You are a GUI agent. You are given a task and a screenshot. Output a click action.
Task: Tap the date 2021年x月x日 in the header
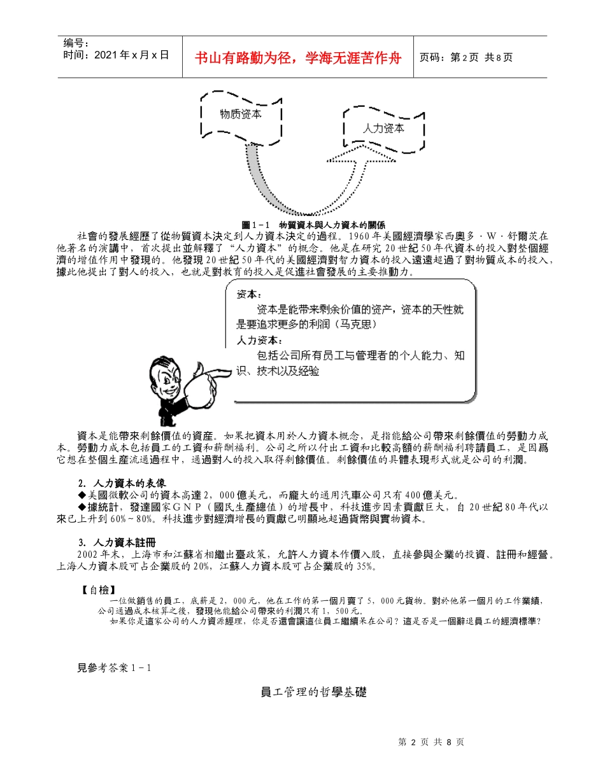(117, 55)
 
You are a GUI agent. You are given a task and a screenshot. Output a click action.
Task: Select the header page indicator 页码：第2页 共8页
(466, 58)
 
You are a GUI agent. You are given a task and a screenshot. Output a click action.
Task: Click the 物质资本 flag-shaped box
(240, 115)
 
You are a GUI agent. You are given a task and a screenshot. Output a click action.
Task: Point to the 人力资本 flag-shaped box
(383, 129)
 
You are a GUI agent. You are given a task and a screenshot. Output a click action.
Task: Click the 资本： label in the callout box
(248, 295)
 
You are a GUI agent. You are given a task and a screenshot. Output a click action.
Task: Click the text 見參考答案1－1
(113, 668)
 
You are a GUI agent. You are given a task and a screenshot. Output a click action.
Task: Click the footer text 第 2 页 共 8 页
(431, 742)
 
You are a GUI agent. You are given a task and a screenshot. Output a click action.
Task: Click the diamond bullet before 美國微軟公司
(82, 495)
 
